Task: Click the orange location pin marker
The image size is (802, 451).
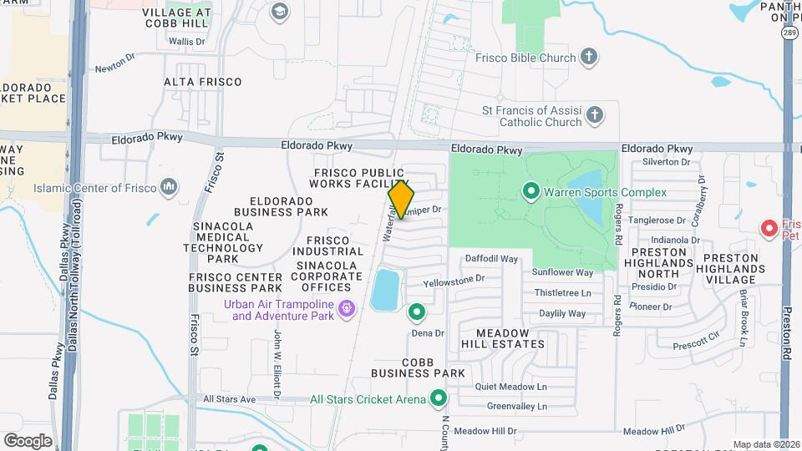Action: click(x=401, y=199)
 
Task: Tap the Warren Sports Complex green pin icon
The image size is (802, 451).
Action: click(x=530, y=192)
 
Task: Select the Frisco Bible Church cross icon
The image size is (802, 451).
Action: click(x=590, y=58)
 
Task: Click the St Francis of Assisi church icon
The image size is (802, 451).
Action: click(x=594, y=115)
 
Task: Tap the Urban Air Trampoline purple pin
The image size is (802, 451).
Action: click(x=344, y=311)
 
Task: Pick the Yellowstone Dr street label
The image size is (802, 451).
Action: click(x=454, y=280)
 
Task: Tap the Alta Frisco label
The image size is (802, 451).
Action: click(x=203, y=82)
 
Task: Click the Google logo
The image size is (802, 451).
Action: click(x=28, y=440)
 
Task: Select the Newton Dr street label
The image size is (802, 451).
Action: click(x=114, y=69)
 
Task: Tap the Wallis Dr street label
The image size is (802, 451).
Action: click(x=186, y=41)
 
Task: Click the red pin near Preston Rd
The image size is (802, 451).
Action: click(x=769, y=227)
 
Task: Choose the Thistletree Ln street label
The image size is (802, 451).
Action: click(x=562, y=293)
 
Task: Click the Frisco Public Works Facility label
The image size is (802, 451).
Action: click(x=360, y=178)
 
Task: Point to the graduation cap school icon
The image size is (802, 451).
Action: click(x=279, y=12)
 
